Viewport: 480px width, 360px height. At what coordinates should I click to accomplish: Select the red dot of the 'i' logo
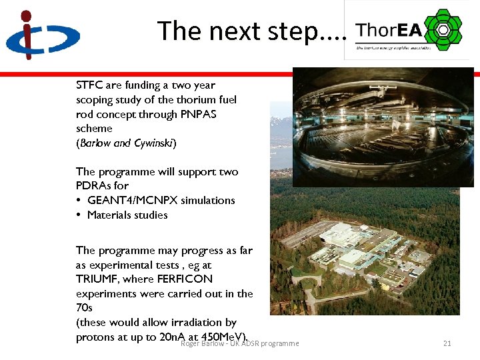pos(26,16)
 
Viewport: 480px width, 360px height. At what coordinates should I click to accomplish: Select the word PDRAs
pos(93,185)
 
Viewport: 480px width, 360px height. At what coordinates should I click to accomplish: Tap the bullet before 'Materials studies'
pos(79,215)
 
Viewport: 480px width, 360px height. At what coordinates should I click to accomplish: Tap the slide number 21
pos(447,343)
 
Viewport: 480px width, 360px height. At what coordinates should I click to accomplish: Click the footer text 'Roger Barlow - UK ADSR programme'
pos(240,343)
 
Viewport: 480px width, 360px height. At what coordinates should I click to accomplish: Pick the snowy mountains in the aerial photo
pos(281,127)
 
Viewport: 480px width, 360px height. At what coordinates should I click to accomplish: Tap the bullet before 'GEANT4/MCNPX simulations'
pos(79,200)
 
